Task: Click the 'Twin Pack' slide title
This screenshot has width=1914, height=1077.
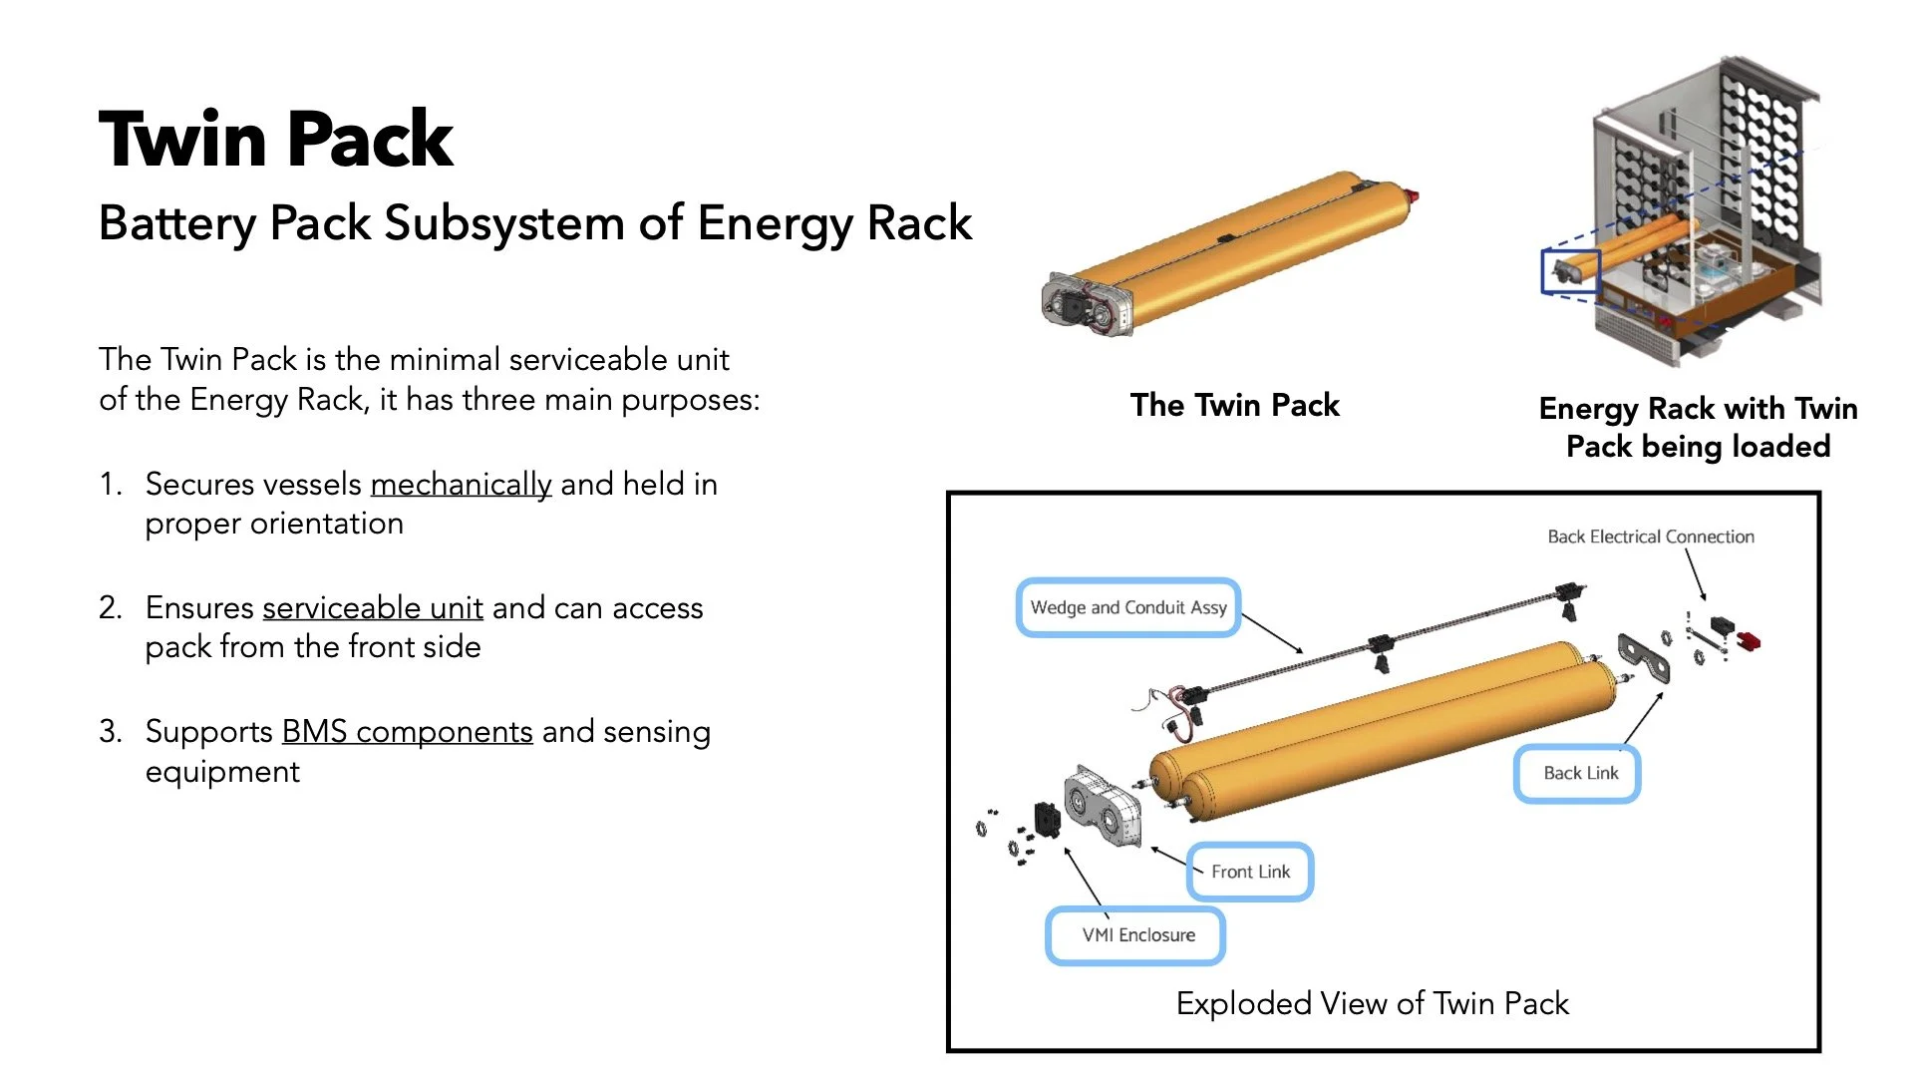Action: click(276, 139)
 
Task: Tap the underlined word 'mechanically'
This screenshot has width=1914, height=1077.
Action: click(461, 485)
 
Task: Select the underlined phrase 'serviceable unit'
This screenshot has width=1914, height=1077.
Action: click(373, 607)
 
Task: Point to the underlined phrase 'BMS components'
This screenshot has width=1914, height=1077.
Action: click(407, 732)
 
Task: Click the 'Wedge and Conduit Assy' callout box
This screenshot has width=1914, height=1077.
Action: click(1128, 607)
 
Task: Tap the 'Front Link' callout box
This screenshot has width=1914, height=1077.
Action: click(1250, 872)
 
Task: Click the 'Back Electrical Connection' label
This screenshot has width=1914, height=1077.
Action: click(1651, 537)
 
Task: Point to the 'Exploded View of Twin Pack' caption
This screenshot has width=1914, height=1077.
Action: click(1372, 1003)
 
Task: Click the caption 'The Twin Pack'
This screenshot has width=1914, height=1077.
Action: click(1234, 405)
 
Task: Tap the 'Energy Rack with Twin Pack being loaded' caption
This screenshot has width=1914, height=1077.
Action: click(1698, 427)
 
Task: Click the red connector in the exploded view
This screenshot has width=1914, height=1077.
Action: click(1749, 639)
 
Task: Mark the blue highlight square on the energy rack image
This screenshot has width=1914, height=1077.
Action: click(1570, 270)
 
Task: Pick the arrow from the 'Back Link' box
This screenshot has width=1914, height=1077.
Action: click(1645, 716)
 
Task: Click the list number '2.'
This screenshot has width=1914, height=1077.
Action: click(111, 607)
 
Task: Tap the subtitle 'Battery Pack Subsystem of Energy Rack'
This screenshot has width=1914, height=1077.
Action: click(535, 222)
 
